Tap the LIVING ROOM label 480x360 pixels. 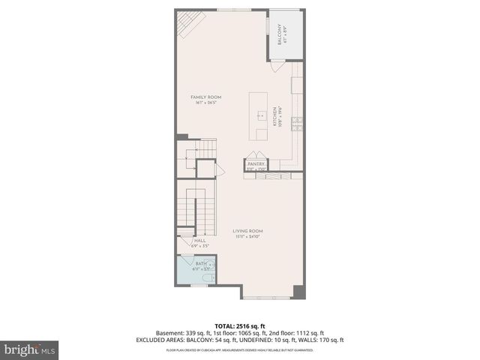coord(247,231)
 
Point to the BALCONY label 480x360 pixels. coord(280,35)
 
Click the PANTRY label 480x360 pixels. coord(257,163)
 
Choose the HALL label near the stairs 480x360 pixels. coord(200,240)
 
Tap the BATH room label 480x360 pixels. coord(199,264)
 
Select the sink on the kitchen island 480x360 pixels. coord(261,115)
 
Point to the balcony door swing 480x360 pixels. coord(278,67)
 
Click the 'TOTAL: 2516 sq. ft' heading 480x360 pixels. coord(240,325)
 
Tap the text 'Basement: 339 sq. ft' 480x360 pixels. coord(182,333)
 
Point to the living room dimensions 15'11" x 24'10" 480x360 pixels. coord(247,237)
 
